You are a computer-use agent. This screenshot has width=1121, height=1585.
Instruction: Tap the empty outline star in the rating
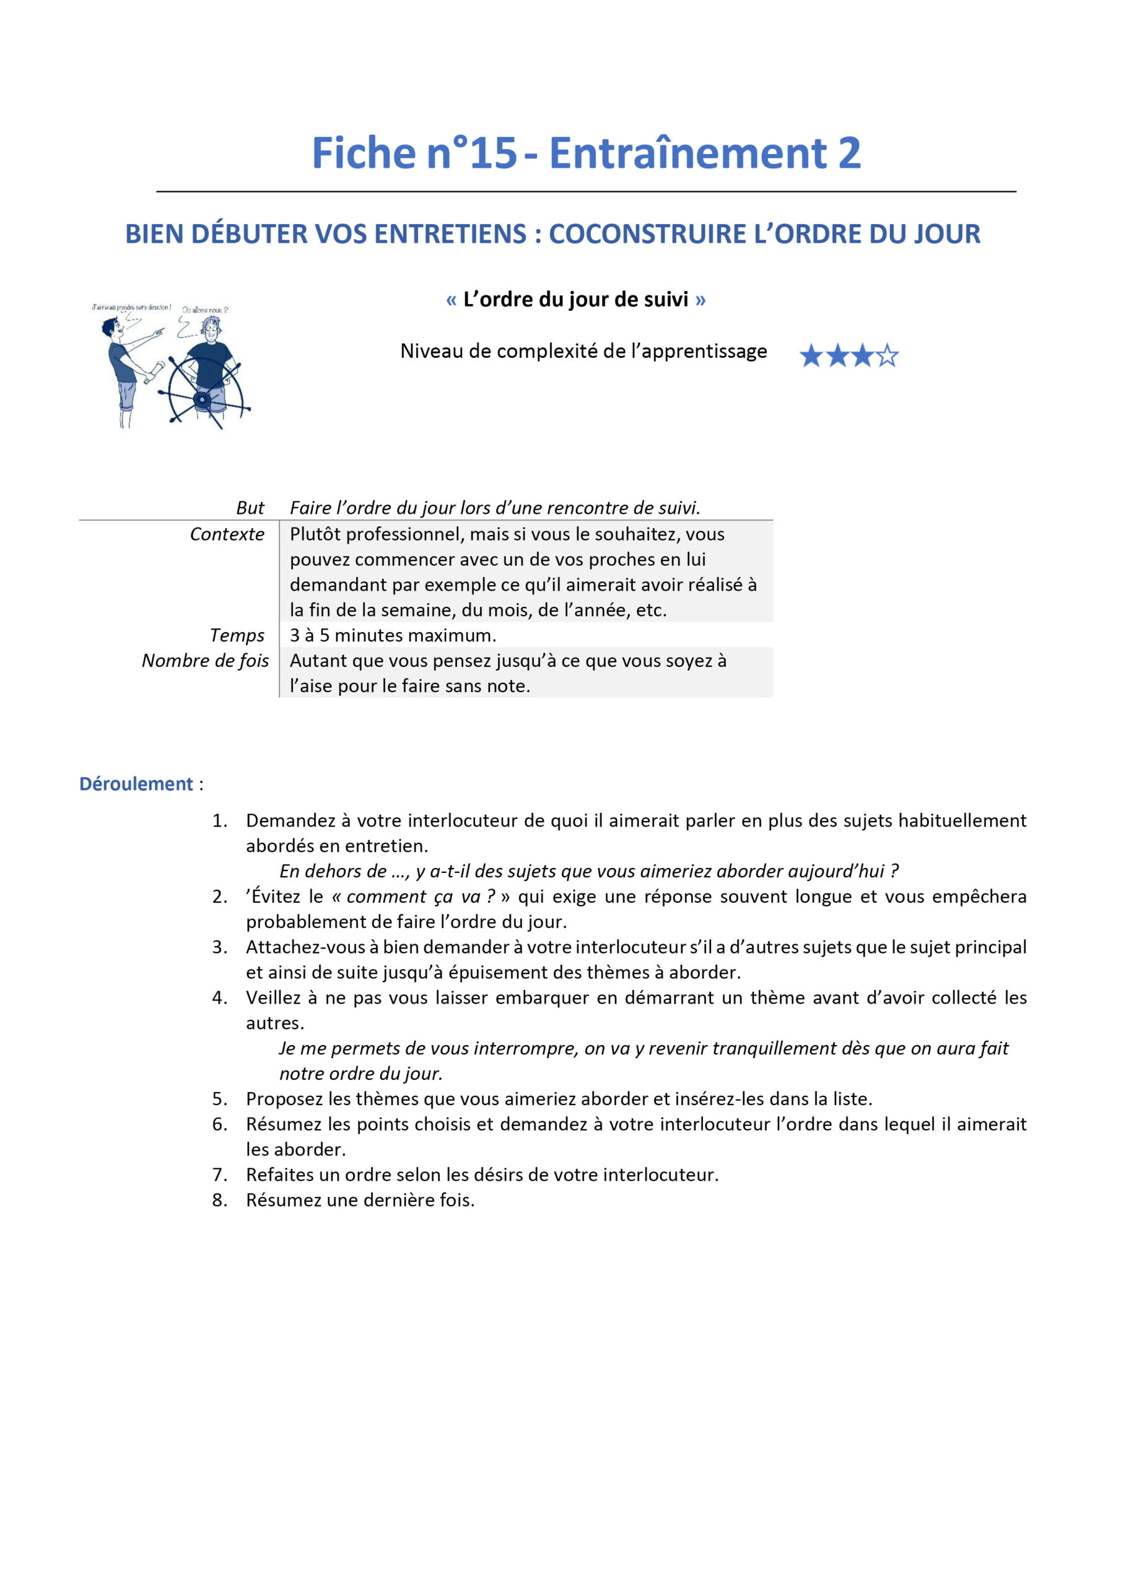[x=888, y=356]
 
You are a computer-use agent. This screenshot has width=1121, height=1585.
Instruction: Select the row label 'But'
[x=250, y=508]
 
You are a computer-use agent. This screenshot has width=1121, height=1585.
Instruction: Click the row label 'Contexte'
[x=227, y=534]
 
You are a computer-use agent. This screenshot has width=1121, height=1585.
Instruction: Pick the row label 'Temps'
[x=237, y=635]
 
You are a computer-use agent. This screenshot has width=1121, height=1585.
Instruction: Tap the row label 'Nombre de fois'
[x=205, y=661]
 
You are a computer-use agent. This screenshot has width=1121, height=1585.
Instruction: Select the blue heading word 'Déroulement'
[x=136, y=784]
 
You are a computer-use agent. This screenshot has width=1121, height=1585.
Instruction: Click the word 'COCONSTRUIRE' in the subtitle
[x=644, y=234]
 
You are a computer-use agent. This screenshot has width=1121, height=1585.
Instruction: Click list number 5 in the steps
[x=220, y=1099]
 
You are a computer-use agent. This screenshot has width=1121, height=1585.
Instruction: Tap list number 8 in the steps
[x=220, y=1201]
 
